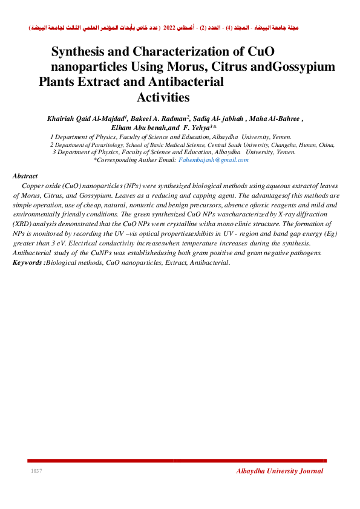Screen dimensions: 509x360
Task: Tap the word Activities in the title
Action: point(163,97)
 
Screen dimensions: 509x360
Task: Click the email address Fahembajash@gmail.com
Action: point(214,160)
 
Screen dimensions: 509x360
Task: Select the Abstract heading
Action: point(25,176)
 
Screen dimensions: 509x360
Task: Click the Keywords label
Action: point(28,263)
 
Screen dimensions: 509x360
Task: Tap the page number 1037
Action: point(36,471)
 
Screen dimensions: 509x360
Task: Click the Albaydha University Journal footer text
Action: point(280,472)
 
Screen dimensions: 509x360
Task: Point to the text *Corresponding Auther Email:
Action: point(134,160)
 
